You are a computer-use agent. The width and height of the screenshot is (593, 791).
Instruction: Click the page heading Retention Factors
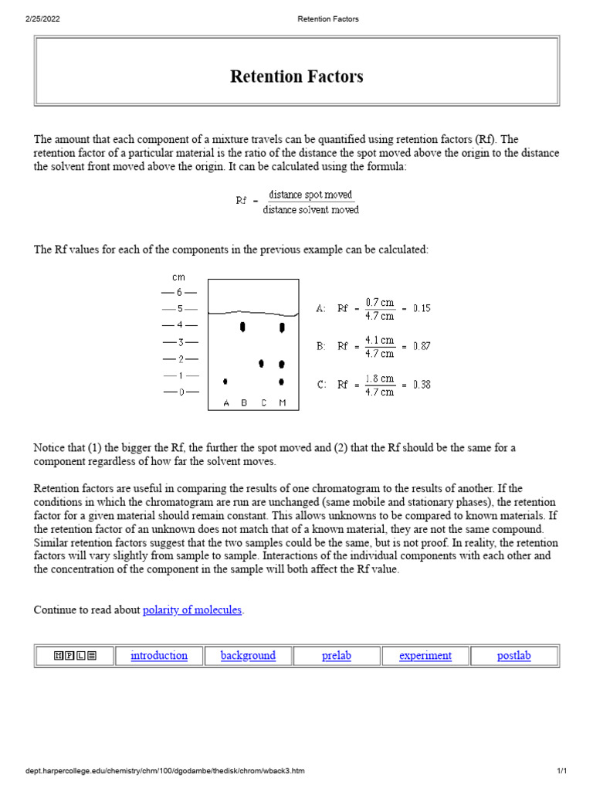(x=296, y=76)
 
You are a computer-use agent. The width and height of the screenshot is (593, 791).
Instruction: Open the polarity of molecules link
(x=193, y=609)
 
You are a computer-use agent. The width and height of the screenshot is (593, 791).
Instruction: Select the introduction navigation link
(x=159, y=656)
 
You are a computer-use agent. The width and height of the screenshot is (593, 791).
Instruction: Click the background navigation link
(x=248, y=656)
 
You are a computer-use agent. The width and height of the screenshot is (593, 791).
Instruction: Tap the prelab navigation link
(x=337, y=656)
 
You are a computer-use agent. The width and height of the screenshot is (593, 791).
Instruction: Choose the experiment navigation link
(x=425, y=656)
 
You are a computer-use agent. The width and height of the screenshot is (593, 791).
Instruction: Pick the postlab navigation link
(x=514, y=656)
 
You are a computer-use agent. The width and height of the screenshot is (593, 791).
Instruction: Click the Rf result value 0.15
(x=422, y=308)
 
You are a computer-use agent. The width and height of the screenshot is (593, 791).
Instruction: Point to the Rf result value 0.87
(x=422, y=347)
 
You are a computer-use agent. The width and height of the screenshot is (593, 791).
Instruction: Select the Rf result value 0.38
(x=422, y=385)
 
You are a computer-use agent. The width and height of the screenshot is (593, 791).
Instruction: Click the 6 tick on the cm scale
(x=179, y=293)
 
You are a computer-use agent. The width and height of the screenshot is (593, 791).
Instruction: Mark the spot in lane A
(x=225, y=382)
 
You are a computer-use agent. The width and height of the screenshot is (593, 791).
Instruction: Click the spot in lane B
(x=243, y=328)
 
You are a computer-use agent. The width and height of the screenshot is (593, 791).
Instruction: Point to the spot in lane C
(x=262, y=363)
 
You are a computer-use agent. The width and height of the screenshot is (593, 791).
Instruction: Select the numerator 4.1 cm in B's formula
(x=380, y=340)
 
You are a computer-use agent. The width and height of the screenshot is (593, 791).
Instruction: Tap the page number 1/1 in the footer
(x=562, y=772)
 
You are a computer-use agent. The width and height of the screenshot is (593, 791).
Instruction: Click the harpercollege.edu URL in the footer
(x=164, y=772)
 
